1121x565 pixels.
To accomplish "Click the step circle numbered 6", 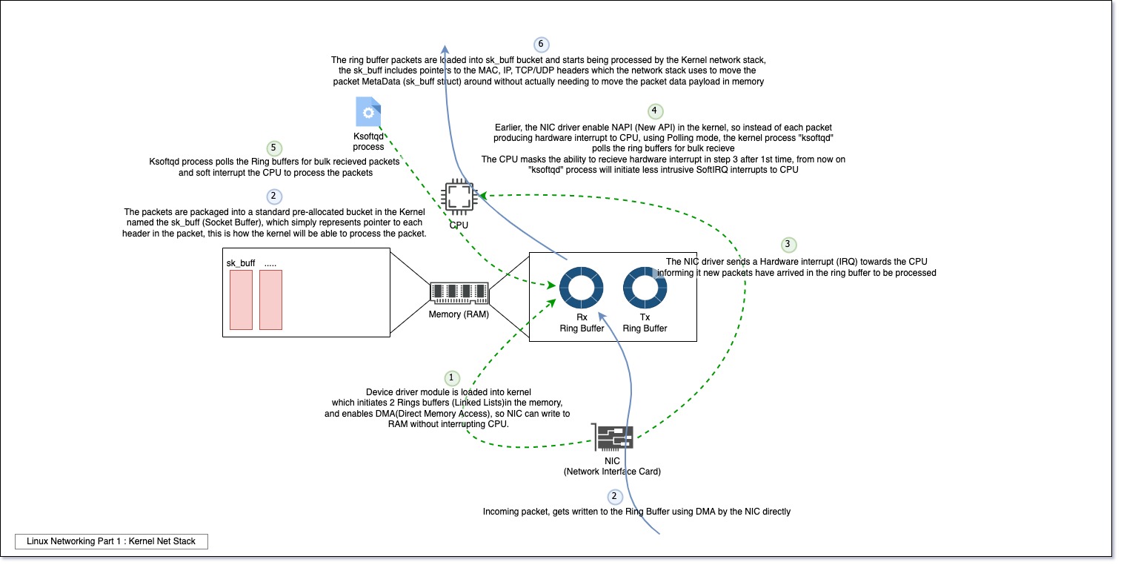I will (x=542, y=44).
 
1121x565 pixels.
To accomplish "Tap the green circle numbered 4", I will (x=654, y=112).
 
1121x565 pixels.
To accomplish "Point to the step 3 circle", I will (x=788, y=244).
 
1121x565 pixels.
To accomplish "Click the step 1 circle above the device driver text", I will (x=451, y=378).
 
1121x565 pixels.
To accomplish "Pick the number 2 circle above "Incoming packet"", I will (x=613, y=497).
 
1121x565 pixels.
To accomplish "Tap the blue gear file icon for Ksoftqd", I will (x=368, y=112).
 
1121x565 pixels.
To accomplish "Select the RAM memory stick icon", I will (x=459, y=293).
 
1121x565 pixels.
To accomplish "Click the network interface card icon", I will (x=613, y=437).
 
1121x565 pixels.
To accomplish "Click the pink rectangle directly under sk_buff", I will (x=241, y=300).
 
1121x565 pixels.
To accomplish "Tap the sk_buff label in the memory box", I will (x=241, y=262).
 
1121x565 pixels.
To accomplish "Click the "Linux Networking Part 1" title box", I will (x=111, y=541).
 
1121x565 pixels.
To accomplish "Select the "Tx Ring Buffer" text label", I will (x=645, y=323).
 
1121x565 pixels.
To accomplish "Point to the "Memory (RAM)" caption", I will (x=459, y=314).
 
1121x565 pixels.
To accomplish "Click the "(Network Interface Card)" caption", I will (x=612, y=472).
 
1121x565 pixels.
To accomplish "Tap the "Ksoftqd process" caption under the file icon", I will (x=368, y=142).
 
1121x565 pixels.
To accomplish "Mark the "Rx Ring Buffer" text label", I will (x=582, y=323).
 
